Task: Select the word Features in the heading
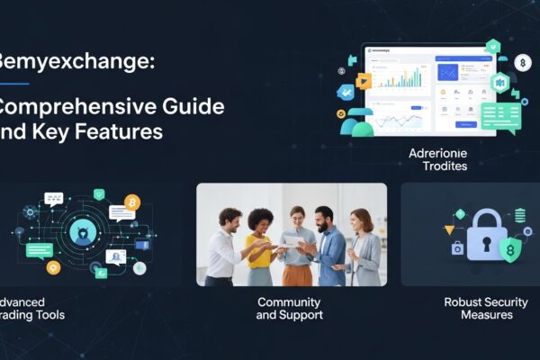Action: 118,130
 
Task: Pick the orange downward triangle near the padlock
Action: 450,230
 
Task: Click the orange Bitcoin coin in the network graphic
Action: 132,202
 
